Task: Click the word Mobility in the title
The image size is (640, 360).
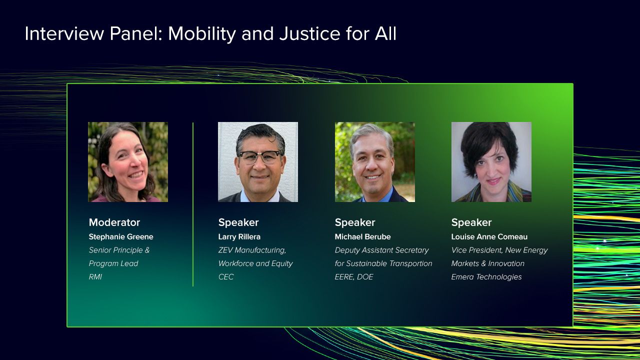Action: point(201,34)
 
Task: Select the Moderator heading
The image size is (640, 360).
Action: point(114,222)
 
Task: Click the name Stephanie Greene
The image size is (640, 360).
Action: point(121,237)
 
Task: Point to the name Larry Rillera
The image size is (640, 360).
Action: point(239,237)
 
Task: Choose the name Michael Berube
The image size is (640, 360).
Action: point(362,237)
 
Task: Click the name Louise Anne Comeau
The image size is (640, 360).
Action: point(489,237)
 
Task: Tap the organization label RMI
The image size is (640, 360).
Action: point(95,277)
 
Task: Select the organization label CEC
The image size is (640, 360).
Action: point(226,277)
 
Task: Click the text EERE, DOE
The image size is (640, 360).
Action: point(354,277)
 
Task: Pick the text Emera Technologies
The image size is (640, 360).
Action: point(486,277)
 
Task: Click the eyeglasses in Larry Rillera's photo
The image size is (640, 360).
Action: point(260,157)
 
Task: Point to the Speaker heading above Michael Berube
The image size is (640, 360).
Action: point(355,222)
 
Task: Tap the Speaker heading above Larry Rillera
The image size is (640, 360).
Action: point(238,222)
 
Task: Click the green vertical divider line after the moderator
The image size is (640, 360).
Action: point(193,204)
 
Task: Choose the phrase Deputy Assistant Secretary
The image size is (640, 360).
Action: point(381,250)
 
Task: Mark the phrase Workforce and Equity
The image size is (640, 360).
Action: point(255,263)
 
